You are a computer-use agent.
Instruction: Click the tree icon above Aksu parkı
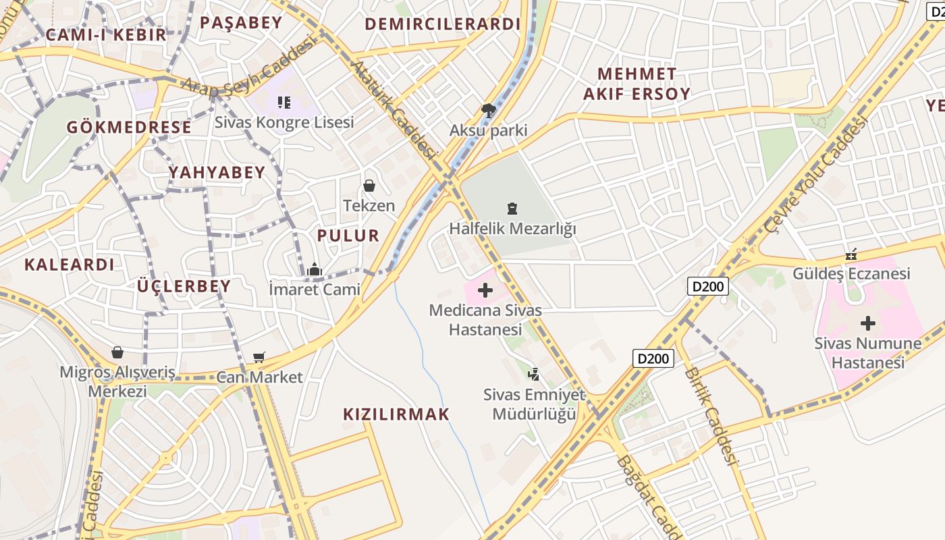coord(489,110)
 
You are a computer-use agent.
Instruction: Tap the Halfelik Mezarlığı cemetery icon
coord(512,209)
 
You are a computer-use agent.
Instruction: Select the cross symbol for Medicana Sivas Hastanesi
coord(485,291)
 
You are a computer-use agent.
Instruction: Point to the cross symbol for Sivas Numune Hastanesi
coord(868,323)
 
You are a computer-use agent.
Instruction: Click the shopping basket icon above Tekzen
coord(369,185)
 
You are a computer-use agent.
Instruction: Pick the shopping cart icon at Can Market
coord(259,357)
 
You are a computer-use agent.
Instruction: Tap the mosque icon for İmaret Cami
coord(314,270)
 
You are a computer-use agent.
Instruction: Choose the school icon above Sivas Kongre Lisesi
coord(284,103)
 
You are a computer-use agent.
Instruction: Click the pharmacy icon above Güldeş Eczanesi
coord(851,254)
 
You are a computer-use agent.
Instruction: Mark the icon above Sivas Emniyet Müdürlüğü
coord(534,374)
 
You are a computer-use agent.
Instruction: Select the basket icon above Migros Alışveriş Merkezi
coord(117,352)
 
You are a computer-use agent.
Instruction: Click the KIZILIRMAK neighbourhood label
coord(396,414)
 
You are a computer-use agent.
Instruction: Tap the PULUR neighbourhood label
coord(348,236)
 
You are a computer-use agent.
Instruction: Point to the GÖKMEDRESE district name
coord(129,127)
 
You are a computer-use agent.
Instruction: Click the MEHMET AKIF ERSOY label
coord(637,84)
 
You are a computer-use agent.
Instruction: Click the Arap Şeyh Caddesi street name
coord(250,67)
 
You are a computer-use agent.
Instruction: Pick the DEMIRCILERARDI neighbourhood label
coord(443,24)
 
